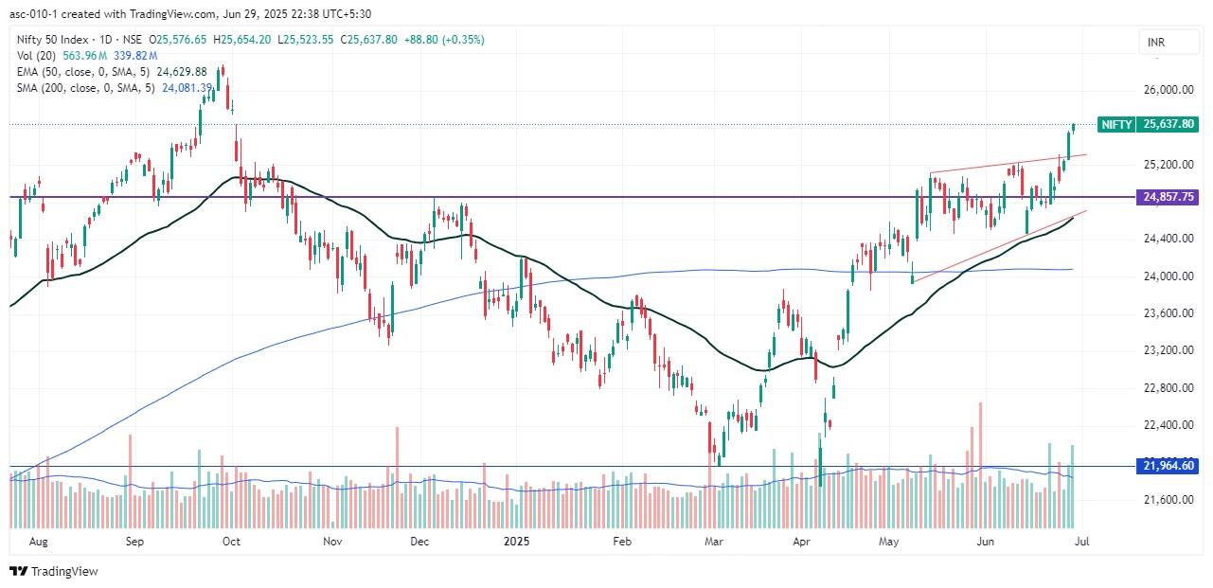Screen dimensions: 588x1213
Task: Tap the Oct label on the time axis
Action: point(230,542)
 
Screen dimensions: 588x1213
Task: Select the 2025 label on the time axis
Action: point(516,542)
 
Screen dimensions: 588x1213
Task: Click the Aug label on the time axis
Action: point(39,542)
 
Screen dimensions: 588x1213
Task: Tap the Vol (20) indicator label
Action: point(36,56)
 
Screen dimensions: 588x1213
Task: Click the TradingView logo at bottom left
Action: point(54,571)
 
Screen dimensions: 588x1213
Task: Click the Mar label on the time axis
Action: point(715,542)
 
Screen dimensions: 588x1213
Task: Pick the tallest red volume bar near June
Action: point(980,464)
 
